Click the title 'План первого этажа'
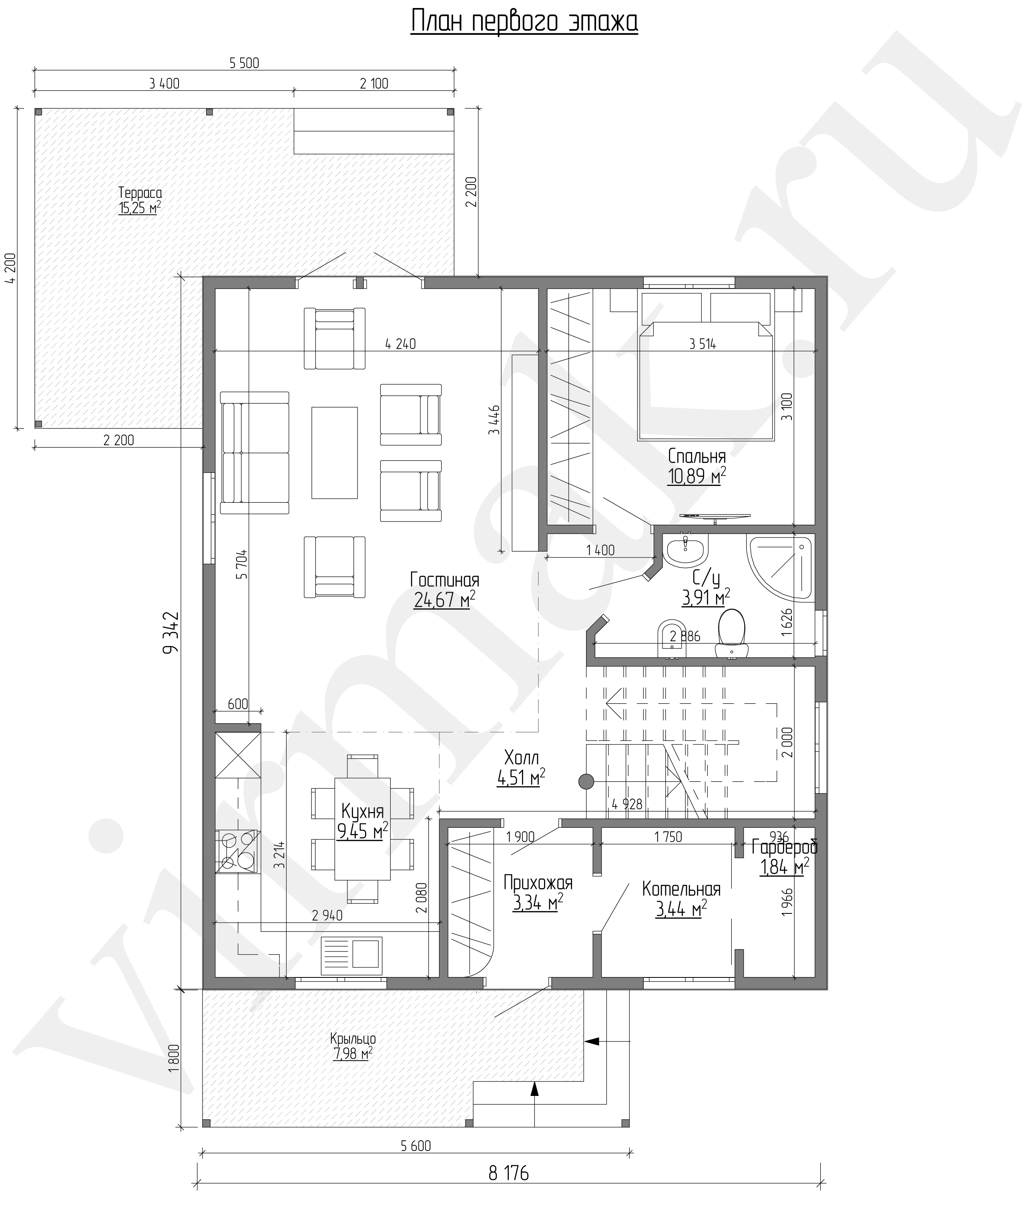pyautogui.click(x=524, y=22)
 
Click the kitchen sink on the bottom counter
pyautogui.click(x=351, y=956)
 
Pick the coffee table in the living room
pyautogui.click(x=334, y=453)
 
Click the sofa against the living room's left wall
pyautogui.click(x=255, y=453)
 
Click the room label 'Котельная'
pyautogui.click(x=681, y=889)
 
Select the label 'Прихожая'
pyautogui.click(x=538, y=883)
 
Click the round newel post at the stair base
pyautogui.click(x=586, y=781)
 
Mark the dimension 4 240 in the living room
pyautogui.click(x=401, y=344)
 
